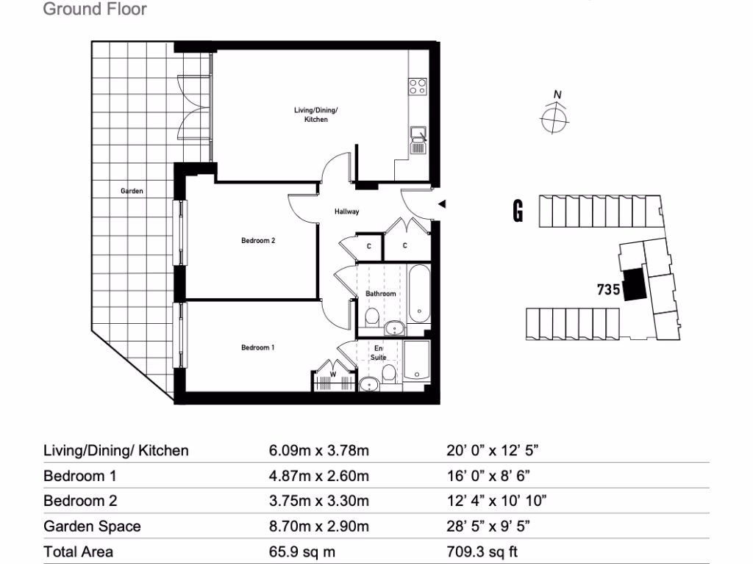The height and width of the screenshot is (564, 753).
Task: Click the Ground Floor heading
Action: point(95,10)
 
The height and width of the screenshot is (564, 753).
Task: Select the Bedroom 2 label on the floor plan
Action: point(257,240)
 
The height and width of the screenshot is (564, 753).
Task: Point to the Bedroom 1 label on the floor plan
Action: point(257,347)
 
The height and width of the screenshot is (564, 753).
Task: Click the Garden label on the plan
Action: point(132,191)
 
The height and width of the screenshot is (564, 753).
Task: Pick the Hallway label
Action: point(346,212)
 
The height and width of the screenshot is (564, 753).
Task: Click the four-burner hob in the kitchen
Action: point(418,87)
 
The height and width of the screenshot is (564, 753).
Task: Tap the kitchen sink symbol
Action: point(418,140)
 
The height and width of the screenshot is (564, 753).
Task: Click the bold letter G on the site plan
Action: point(518,212)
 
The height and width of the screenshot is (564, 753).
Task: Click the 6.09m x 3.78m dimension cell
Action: point(319,450)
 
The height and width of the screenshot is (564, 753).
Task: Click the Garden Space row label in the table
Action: point(92,526)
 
